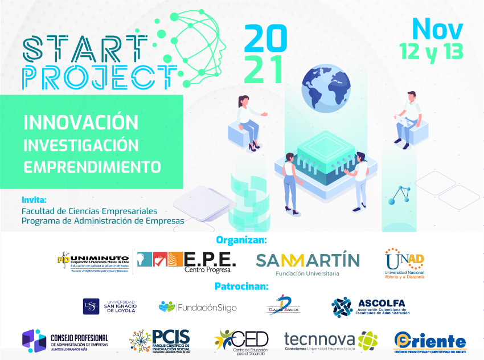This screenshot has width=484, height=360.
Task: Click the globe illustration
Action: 325,88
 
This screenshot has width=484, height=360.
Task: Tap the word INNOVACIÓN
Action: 81,122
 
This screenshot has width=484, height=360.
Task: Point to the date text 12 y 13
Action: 431,51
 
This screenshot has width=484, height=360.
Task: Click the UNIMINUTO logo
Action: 94,262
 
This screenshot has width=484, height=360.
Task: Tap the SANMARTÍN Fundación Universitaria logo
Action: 307,263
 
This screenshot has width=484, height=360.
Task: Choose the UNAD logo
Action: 404,263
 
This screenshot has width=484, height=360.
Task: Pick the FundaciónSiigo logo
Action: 198,307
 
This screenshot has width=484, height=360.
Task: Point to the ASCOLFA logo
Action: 371,306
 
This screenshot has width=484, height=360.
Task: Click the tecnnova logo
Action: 331,341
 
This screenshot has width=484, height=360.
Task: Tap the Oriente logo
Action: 430,342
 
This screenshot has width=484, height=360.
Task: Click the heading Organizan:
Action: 241,239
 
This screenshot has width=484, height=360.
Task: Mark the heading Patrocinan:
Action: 241,286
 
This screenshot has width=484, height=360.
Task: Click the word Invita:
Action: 34,201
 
